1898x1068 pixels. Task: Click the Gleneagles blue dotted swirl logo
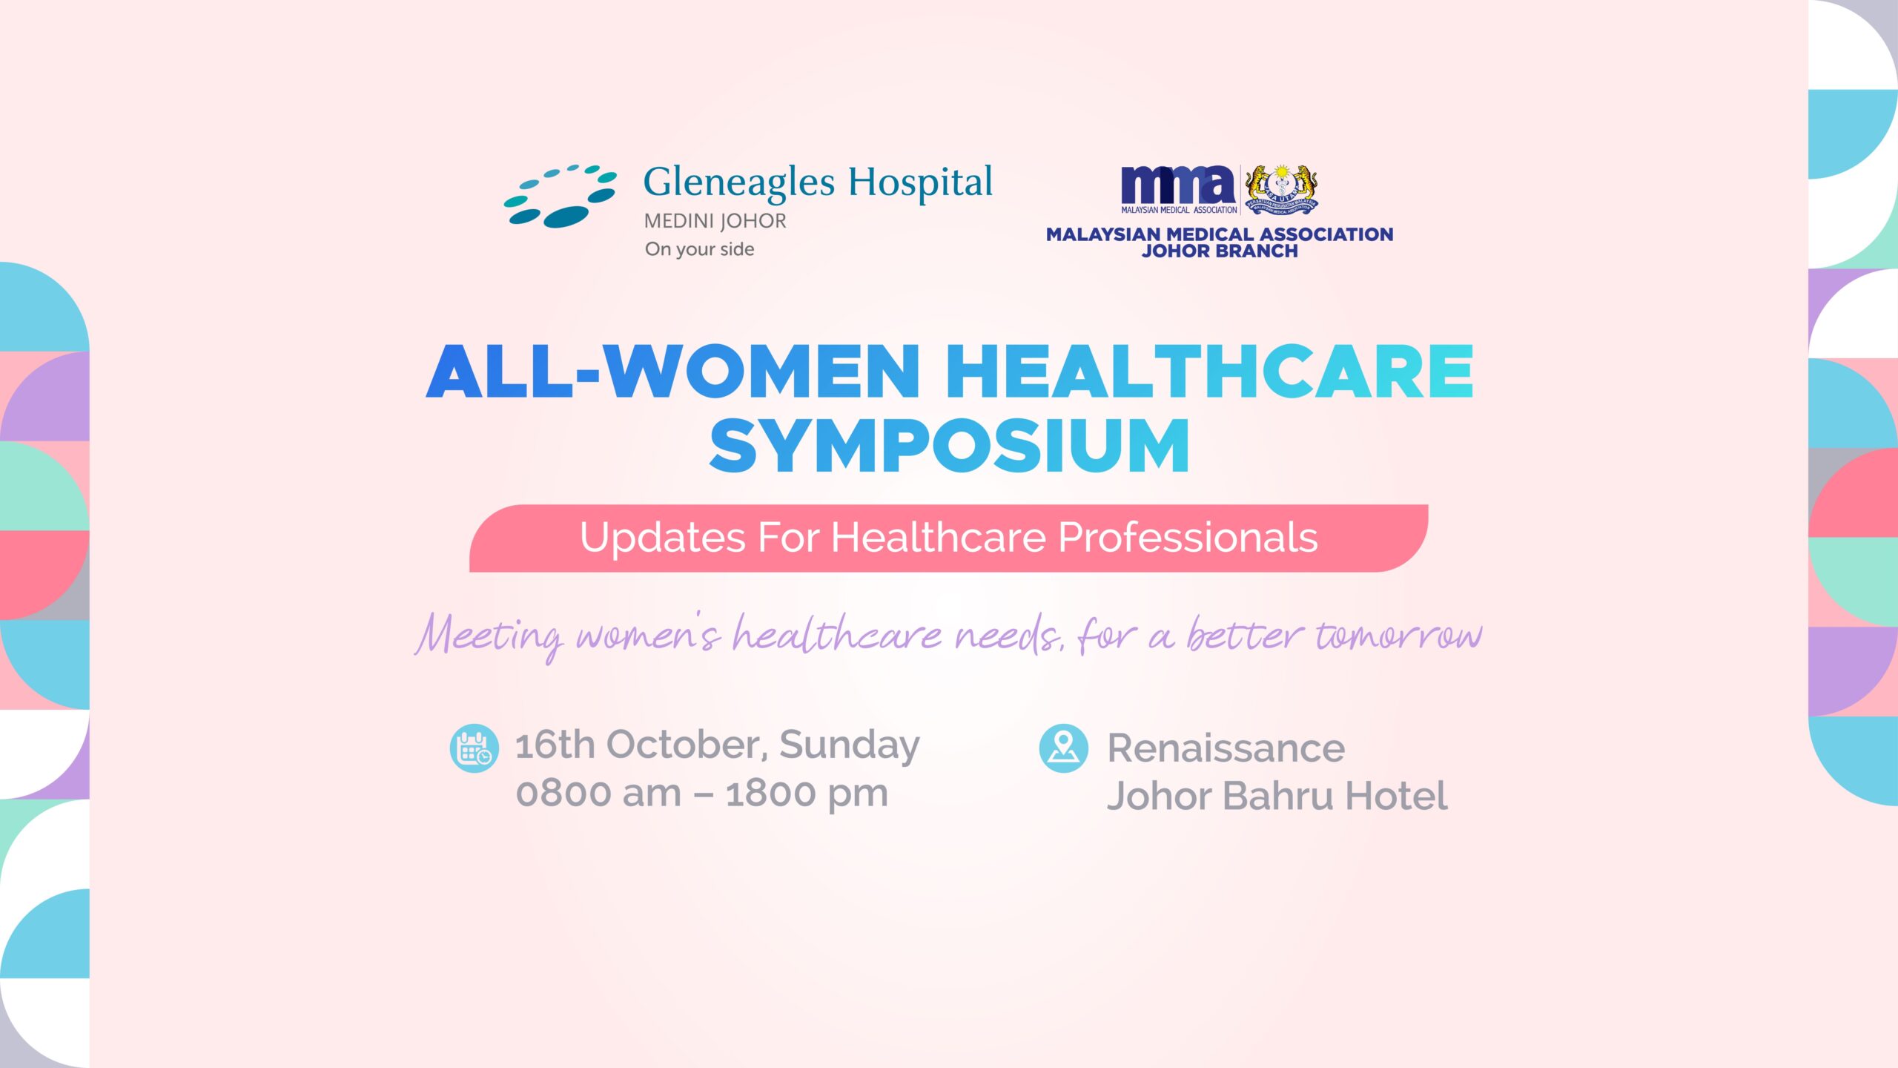[561, 196]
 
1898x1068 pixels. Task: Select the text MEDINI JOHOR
[715, 221]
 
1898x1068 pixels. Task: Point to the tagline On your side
[699, 249]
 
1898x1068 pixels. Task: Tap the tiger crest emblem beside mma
[1281, 190]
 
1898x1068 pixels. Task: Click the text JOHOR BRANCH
[1220, 251]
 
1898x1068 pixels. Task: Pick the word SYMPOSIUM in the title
[949, 446]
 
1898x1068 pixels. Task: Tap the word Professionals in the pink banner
[1188, 537]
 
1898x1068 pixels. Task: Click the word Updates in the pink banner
[662, 538]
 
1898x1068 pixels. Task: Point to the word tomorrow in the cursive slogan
[1398, 635]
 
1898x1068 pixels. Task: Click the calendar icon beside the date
[474, 748]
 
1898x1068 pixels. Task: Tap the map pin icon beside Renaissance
[1064, 748]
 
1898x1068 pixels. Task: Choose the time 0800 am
[598, 794]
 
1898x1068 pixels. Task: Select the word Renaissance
[1226, 748]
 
